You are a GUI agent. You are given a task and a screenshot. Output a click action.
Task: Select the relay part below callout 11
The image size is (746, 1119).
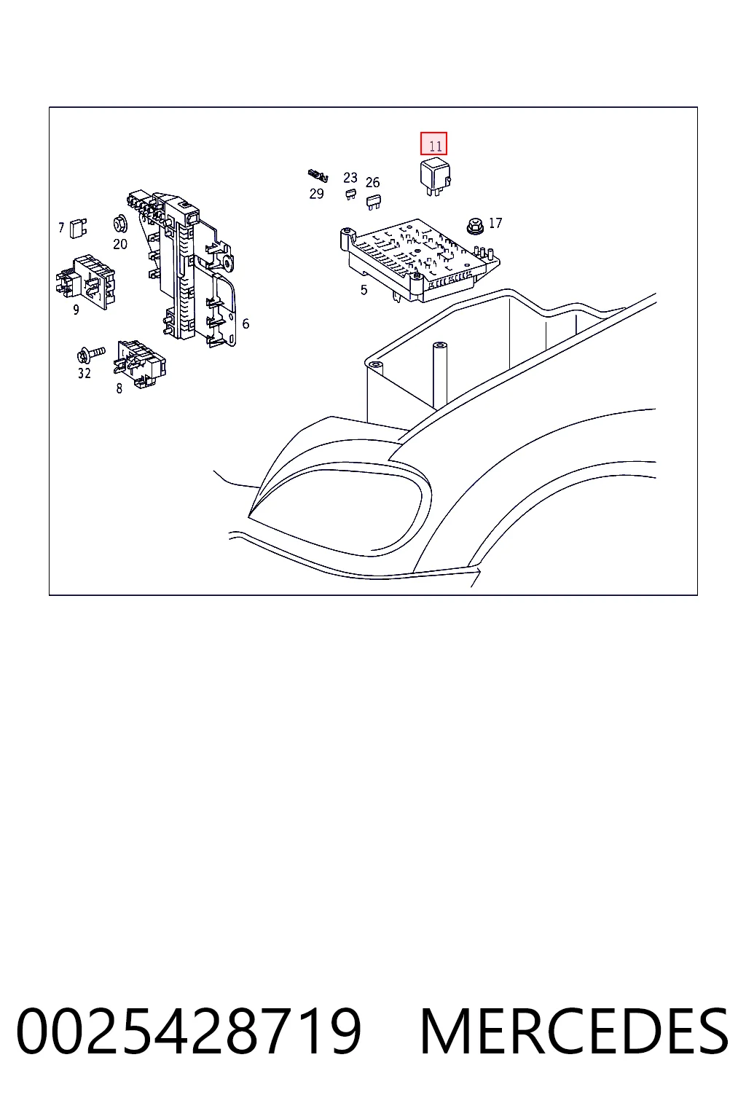click(x=435, y=177)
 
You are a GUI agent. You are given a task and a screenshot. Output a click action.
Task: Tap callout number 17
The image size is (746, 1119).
click(x=495, y=223)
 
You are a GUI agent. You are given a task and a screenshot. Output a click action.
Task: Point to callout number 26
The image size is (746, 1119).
click(x=372, y=182)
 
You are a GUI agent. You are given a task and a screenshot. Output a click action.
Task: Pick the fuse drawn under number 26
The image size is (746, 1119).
click(x=373, y=203)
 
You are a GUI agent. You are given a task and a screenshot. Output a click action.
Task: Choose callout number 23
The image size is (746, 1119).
click(x=350, y=177)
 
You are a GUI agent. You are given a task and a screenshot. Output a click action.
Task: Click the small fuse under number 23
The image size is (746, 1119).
click(x=350, y=194)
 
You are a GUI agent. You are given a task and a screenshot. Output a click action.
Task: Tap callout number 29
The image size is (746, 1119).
click(x=316, y=194)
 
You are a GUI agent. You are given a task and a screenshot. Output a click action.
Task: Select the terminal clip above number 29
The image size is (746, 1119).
click(x=318, y=176)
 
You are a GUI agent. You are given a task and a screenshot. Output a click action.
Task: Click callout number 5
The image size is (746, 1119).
click(x=364, y=290)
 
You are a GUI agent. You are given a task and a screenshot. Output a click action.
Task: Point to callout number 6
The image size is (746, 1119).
click(x=246, y=323)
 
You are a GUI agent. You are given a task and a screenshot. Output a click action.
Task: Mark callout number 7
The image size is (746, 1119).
click(x=61, y=228)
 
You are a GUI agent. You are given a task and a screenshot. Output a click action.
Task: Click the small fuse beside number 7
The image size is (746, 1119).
click(x=78, y=228)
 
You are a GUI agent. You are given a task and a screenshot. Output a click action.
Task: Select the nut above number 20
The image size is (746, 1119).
click(x=120, y=224)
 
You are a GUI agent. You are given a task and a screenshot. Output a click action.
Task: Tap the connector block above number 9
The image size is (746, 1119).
click(x=85, y=282)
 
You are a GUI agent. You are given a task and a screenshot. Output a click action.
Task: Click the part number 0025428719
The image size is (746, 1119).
click(x=189, y=1032)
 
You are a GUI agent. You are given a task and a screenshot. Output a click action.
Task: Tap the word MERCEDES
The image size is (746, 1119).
click(x=574, y=1032)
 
